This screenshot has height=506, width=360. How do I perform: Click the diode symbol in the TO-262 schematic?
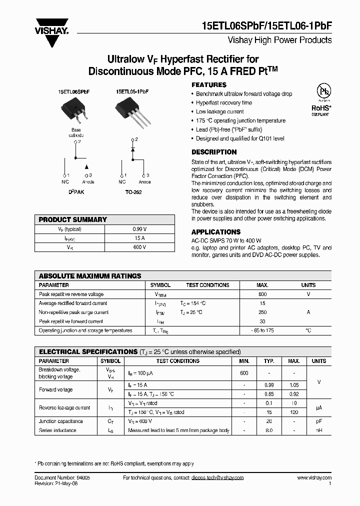pyautogui.click(x=132, y=149)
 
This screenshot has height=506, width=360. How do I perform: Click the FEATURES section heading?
pyautogui.click(x=209, y=85)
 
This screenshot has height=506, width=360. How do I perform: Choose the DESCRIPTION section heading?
pyautogui.click(x=214, y=152)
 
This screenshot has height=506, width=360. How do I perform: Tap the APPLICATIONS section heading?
pyautogui.click(x=216, y=232)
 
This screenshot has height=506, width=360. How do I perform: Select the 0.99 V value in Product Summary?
pyautogui.click(x=139, y=229)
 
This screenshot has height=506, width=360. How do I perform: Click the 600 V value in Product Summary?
pyautogui.click(x=139, y=247)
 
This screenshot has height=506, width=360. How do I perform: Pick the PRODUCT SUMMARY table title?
pyautogui.click(x=73, y=219)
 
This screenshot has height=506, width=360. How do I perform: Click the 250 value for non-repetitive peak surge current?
pyautogui.click(x=262, y=312)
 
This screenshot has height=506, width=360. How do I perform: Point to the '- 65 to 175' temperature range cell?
pyautogui.click(x=262, y=330)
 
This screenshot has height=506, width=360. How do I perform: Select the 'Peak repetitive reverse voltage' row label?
pyautogui.click(x=71, y=294)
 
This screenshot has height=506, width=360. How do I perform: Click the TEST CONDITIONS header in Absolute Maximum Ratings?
pyautogui.click(x=207, y=285)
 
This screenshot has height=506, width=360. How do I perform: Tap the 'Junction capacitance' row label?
pyautogui.click(x=61, y=421)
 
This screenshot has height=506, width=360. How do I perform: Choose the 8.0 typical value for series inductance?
pyautogui.click(x=269, y=430)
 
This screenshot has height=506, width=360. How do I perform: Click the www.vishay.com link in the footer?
pyautogui.click(x=314, y=478)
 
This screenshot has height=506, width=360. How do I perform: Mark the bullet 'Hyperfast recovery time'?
pyautogui.click(x=224, y=103)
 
